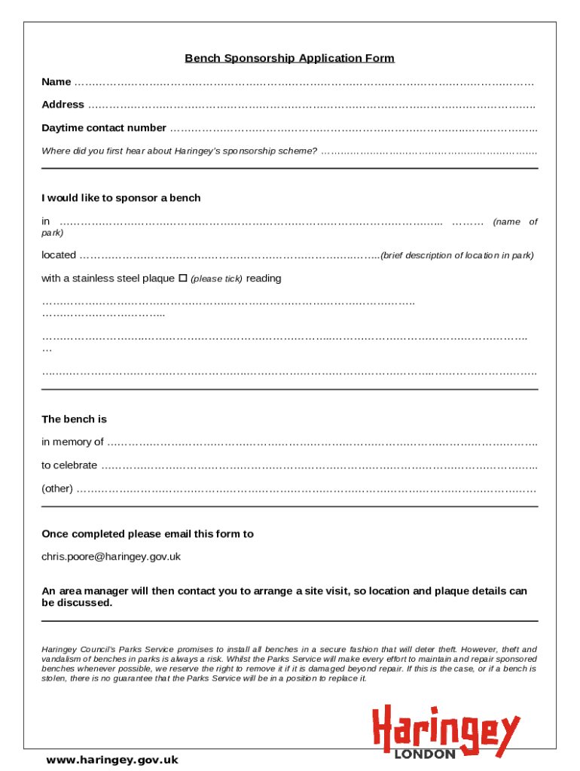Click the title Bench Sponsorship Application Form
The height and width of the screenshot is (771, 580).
(289, 58)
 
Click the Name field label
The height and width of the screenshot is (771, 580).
(56, 82)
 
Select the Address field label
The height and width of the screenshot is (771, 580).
(63, 105)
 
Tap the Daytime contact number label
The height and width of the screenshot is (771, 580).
(104, 128)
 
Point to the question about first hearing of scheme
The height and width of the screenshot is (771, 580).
(179, 151)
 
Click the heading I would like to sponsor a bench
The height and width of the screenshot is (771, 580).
(121, 198)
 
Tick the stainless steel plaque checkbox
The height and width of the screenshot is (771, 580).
(182, 279)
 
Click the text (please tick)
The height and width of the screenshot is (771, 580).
(216, 279)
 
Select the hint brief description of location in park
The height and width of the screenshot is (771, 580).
(457, 255)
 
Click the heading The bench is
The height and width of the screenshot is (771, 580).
(74, 419)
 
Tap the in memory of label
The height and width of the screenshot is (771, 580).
(72, 442)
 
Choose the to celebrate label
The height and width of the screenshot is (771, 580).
(69, 465)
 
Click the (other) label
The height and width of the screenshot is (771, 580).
(57, 489)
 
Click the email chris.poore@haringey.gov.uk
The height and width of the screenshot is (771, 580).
(111, 557)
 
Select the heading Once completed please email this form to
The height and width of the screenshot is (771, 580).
(148, 534)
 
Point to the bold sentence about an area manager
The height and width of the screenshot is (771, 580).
(284, 597)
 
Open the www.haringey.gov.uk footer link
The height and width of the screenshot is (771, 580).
(112, 760)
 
